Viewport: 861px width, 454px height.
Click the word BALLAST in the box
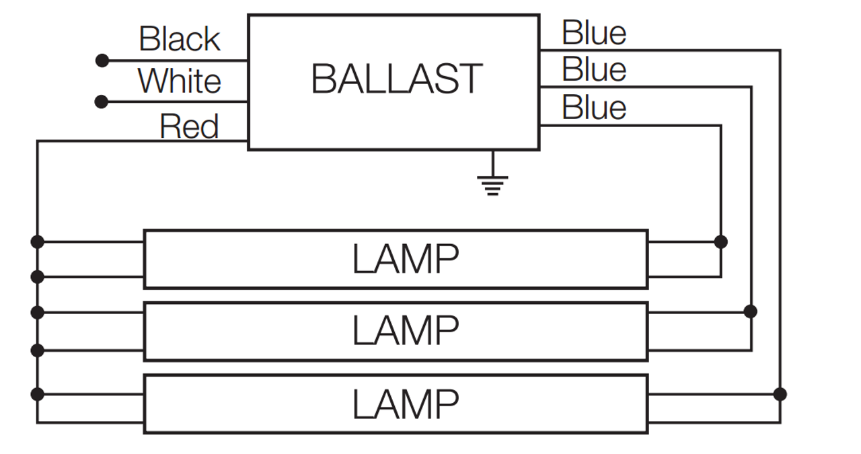click(x=397, y=79)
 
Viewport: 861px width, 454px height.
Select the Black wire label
click(x=180, y=39)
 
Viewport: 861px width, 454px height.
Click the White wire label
click(x=180, y=81)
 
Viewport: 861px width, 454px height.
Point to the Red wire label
click(x=189, y=126)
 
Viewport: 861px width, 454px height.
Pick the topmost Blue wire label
click(x=594, y=33)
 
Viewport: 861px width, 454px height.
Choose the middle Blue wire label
click(x=594, y=70)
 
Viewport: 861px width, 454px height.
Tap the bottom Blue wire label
click(x=594, y=108)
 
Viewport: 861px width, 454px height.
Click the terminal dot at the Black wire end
click(x=102, y=61)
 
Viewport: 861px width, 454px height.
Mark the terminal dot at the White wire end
click(x=102, y=102)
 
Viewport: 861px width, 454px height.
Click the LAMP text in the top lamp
click(x=406, y=259)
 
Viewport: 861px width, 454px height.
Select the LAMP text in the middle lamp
click(x=406, y=331)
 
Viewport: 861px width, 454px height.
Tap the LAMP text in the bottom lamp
click(x=406, y=404)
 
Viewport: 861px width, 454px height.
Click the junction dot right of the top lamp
click(x=720, y=241)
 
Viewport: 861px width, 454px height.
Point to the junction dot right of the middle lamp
click(x=751, y=311)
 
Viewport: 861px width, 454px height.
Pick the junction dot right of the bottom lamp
click(x=780, y=394)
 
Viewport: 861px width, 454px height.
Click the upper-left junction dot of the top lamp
click(x=38, y=241)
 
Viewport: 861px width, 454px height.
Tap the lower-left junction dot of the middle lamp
click(x=38, y=350)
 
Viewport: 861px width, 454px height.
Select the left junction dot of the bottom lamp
click(x=38, y=394)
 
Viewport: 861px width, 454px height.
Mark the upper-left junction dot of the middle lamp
click(x=38, y=312)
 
